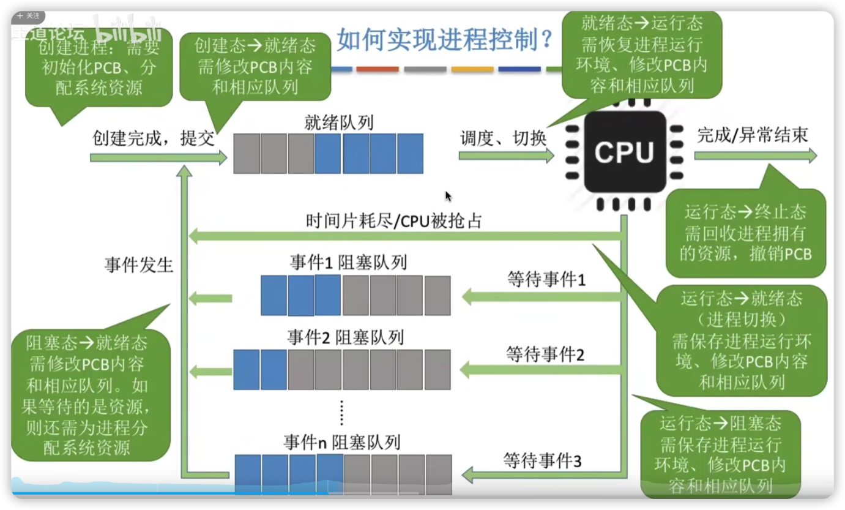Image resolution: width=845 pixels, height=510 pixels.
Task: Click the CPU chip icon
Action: (x=624, y=152)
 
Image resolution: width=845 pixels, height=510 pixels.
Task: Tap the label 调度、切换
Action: (x=503, y=139)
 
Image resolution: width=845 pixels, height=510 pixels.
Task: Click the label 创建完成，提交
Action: (x=154, y=138)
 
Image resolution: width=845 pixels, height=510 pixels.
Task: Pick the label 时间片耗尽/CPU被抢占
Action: (x=394, y=221)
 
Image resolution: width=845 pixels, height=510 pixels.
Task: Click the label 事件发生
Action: (x=139, y=265)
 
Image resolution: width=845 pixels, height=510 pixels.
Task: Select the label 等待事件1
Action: (x=546, y=280)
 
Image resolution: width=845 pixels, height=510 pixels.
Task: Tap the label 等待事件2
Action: (x=545, y=353)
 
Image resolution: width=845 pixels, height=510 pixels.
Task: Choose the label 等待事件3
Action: (x=542, y=460)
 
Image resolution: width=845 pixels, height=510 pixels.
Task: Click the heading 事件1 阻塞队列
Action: (x=348, y=263)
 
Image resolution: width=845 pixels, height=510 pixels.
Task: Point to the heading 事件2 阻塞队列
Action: (x=346, y=337)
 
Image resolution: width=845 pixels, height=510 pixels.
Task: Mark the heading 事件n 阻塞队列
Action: (x=342, y=442)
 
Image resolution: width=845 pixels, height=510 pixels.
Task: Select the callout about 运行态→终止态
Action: (x=745, y=233)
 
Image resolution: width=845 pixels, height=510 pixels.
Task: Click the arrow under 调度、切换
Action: (x=506, y=156)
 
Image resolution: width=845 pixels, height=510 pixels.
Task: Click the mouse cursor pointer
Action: (x=448, y=197)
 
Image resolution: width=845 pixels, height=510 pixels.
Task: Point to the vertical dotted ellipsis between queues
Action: (x=341, y=412)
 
